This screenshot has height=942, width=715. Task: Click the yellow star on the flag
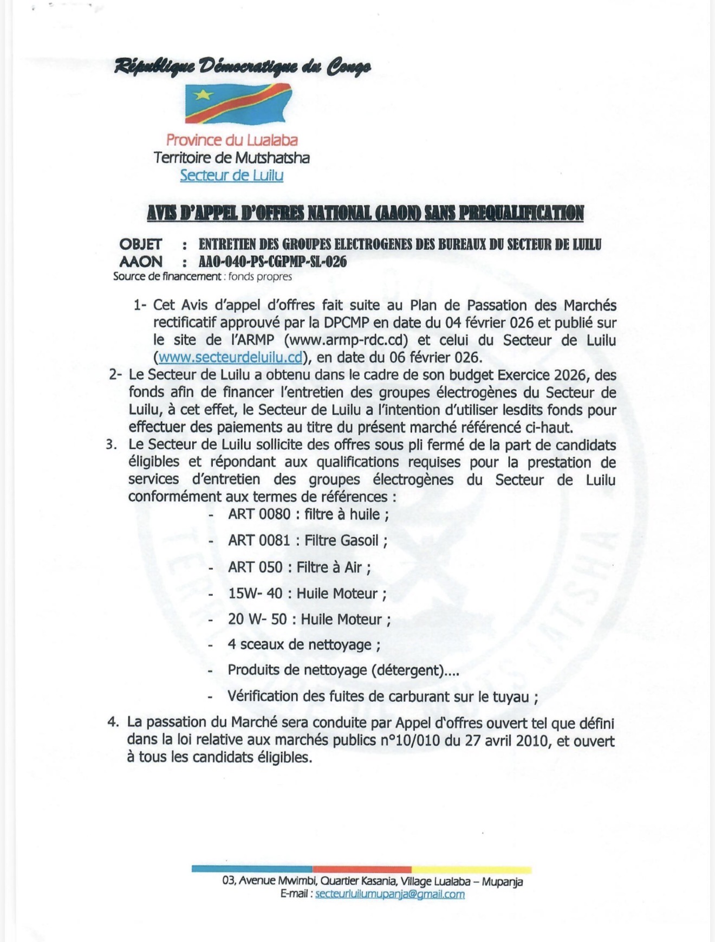(x=204, y=95)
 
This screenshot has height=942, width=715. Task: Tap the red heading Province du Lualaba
(x=232, y=140)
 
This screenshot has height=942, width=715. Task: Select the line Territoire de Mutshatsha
(x=232, y=158)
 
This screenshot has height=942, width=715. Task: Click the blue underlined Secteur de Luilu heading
(x=232, y=175)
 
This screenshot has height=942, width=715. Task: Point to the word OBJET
(x=141, y=244)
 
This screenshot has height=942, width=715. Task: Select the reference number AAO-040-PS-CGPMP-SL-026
(x=272, y=262)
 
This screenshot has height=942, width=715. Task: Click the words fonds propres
(x=260, y=277)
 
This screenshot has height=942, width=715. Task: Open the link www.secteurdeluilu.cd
(x=231, y=358)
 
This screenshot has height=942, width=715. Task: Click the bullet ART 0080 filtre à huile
(x=308, y=514)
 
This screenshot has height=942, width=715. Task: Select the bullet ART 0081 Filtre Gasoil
(x=308, y=540)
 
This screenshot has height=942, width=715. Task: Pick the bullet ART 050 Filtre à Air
(x=300, y=567)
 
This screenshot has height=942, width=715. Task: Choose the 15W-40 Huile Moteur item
(x=307, y=593)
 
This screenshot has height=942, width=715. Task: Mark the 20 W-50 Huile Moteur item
(x=309, y=619)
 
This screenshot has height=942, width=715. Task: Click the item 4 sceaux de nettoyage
(x=304, y=644)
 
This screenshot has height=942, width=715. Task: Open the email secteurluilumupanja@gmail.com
(x=389, y=894)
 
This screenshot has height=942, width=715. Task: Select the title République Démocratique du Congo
(x=243, y=67)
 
